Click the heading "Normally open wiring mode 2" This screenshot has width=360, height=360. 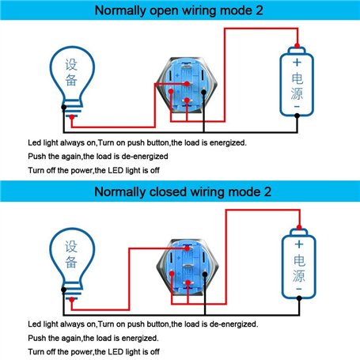[x=179, y=10]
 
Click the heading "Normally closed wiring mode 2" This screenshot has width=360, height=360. [x=183, y=191]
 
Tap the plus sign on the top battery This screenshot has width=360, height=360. [x=297, y=63]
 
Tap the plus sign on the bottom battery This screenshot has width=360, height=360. [x=299, y=244]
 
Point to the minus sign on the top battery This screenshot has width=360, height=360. [x=297, y=107]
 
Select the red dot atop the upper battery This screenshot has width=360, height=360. [x=297, y=46]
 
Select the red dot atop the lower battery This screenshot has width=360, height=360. [x=299, y=227]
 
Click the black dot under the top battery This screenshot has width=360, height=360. [x=297, y=116]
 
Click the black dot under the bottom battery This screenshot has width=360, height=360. [x=299, y=298]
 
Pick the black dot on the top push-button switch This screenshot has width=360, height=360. [x=203, y=92]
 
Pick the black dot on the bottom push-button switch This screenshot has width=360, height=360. [x=205, y=275]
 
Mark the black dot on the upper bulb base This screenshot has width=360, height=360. [x=64, y=107]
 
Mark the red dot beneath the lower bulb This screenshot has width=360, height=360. [x=72, y=299]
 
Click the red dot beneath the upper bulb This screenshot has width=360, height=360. [x=72, y=117]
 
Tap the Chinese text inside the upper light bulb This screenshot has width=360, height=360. [x=71, y=72]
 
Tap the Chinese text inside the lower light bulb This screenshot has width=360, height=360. [x=71, y=254]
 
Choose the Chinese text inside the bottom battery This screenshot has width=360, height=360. [x=299, y=268]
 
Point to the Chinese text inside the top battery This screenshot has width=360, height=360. [x=297, y=86]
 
